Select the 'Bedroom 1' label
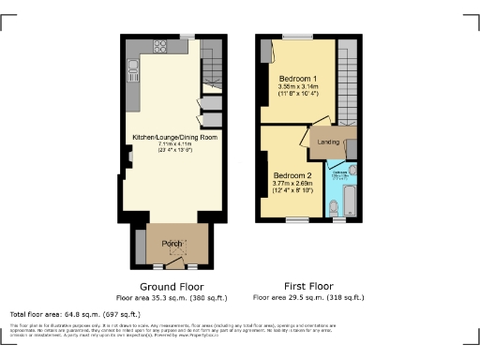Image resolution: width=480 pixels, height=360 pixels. click(x=297, y=78)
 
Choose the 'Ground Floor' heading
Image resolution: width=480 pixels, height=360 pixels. click(x=172, y=286)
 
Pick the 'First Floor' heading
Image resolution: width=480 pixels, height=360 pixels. click(x=308, y=286)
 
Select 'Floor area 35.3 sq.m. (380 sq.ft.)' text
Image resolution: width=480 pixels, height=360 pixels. click(x=172, y=297)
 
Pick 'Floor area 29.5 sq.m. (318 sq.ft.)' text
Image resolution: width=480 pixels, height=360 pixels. click(x=308, y=297)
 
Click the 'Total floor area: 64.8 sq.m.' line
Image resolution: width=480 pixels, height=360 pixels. click(x=75, y=313)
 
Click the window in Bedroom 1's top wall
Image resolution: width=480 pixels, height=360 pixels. click(x=297, y=37)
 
